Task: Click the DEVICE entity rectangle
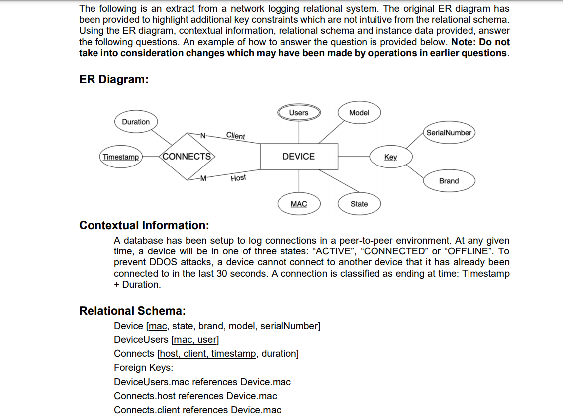tap(298, 157)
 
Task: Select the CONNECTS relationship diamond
tap(187, 157)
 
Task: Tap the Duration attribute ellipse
tap(136, 122)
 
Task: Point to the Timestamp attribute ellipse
tap(120, 157)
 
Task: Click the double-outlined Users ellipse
tap(298, 113)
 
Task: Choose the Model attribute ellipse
tap(359, 113)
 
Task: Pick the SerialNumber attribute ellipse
tap(449, 133)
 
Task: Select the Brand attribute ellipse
tap(449, 181)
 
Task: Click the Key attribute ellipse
tap(390, 157)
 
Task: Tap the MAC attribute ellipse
tap(298, 204)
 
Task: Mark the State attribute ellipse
tap(359, 204)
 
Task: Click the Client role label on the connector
tap(235, 135)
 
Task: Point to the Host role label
tap(238, 178)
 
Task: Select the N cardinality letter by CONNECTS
tap(202, 134)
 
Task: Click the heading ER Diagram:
tap(114, 80)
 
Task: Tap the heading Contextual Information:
tap(144, 225)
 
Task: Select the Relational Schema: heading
tap(132, 311)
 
